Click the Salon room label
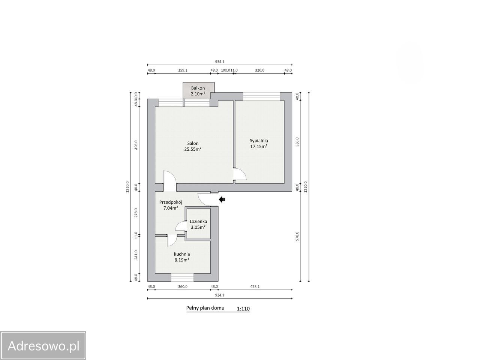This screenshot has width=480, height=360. tap(193, 143)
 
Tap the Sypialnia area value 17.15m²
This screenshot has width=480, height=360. tap(259, 147)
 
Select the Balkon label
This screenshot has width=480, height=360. tap(198, 88)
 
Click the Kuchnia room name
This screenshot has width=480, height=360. tap(182, 254)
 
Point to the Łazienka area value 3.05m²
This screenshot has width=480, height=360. tap(198, 227)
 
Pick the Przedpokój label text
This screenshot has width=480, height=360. tap(171, 202)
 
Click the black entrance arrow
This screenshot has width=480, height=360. tap(222, 199)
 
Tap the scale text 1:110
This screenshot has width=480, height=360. tap(243, 309)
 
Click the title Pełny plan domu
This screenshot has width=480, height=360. tap(205, 308)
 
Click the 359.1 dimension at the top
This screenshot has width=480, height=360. tap(183, 70)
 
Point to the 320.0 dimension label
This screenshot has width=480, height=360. tap(259, 70)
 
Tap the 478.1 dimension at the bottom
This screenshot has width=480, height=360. tap(255, 286)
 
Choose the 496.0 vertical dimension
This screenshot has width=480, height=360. tap(136, 145)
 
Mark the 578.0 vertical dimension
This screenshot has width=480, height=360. tap(297, 236)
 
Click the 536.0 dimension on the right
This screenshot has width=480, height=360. tap(297, 142)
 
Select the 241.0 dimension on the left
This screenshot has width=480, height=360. tap(136, 255)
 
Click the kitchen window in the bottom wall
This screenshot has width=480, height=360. tap(182, 277)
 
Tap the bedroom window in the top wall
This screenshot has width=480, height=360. tap(261, 96)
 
